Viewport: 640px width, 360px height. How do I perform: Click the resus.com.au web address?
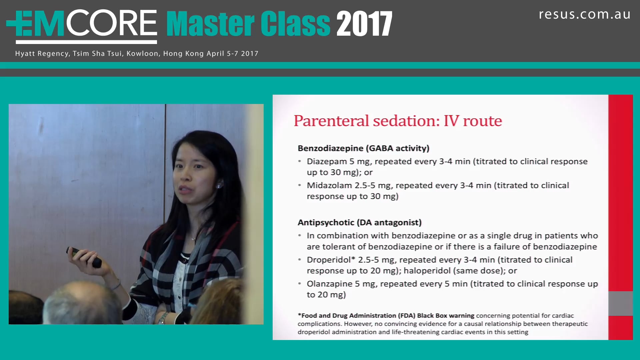[584, 14]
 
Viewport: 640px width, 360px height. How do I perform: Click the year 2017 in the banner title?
[364, 24]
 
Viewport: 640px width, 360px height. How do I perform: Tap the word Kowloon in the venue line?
[142, 54]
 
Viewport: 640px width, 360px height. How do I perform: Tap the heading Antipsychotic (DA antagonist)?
[359, 223]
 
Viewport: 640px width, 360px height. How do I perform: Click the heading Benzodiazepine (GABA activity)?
[363, 148]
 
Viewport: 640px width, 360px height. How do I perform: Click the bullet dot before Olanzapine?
[300, 284]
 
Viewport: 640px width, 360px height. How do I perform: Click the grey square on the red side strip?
[620, 303]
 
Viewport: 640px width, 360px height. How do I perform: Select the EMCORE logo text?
[82, 24]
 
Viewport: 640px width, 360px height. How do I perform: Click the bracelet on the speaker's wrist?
[116, 285]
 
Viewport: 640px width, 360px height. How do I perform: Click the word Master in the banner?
[210, 24]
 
